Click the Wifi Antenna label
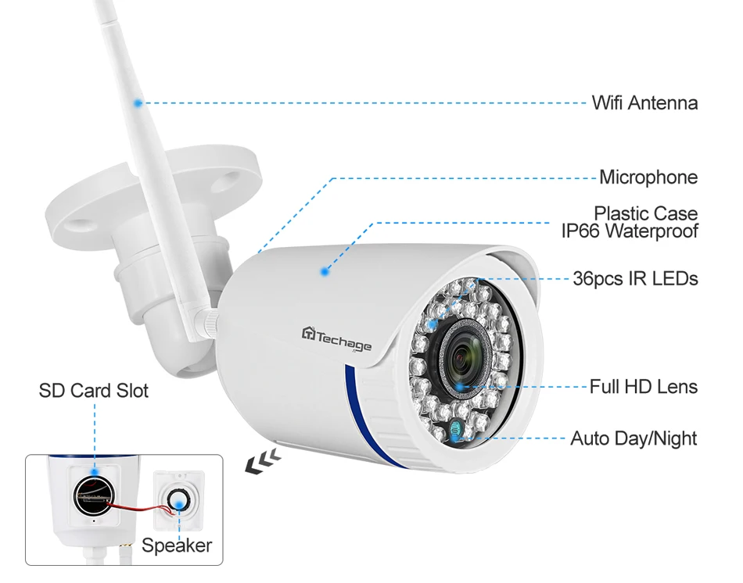tap(644, 102)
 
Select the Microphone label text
tap(648, 177)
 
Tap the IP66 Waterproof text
tap(629, 231)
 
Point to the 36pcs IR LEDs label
tap(635, 278)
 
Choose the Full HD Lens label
tap(643, 386)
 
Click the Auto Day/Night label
tap(633, 438)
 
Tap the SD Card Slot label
tap(93, 390)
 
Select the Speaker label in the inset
tap(176, 545)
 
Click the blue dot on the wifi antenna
tap(138, 102)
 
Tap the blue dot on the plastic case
tap(324, 271)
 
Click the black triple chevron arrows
tap(261, 463)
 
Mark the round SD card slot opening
tap(95, 495)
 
